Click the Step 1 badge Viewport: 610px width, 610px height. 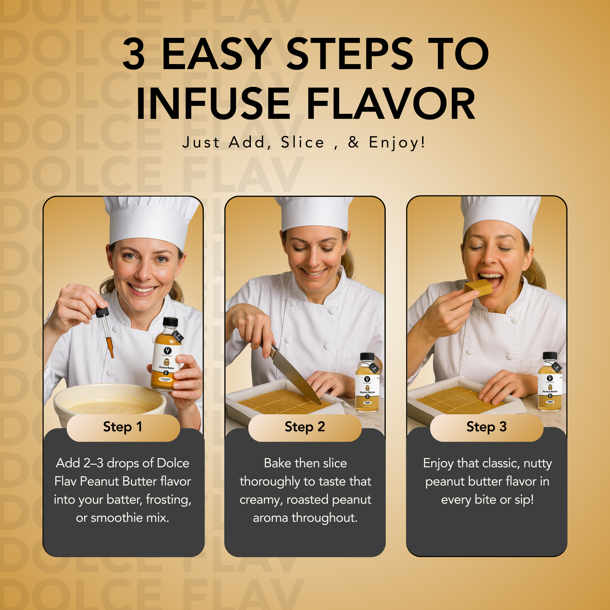(x=123, y=427)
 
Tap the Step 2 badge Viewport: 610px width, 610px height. (x=305, y=427)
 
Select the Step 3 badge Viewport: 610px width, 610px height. (x=486, y=427)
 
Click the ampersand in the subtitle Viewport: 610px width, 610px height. (x=354, y=142)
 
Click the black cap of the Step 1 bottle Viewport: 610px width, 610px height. (x=170, y=322)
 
